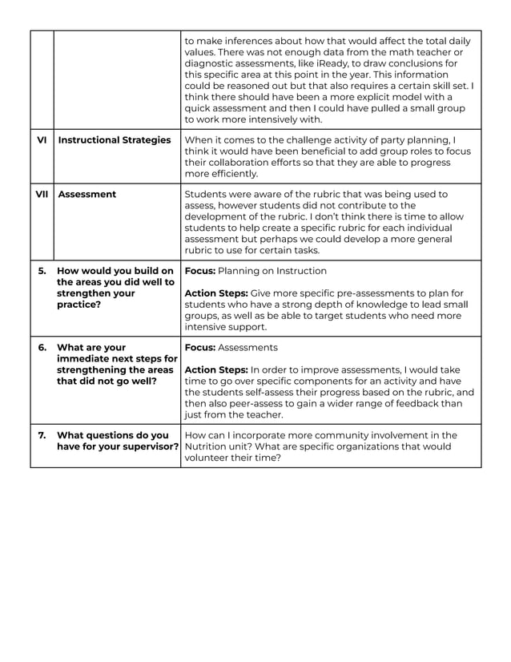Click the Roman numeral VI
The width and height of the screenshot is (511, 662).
42,140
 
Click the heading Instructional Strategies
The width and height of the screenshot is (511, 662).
115,140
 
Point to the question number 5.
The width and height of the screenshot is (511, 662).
42,271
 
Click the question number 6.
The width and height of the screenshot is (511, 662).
42,348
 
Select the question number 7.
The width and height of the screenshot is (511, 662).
42,435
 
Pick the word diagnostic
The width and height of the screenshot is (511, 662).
211,63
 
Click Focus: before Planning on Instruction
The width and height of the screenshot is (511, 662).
200,271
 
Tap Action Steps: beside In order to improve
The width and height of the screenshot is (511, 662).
216,370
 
